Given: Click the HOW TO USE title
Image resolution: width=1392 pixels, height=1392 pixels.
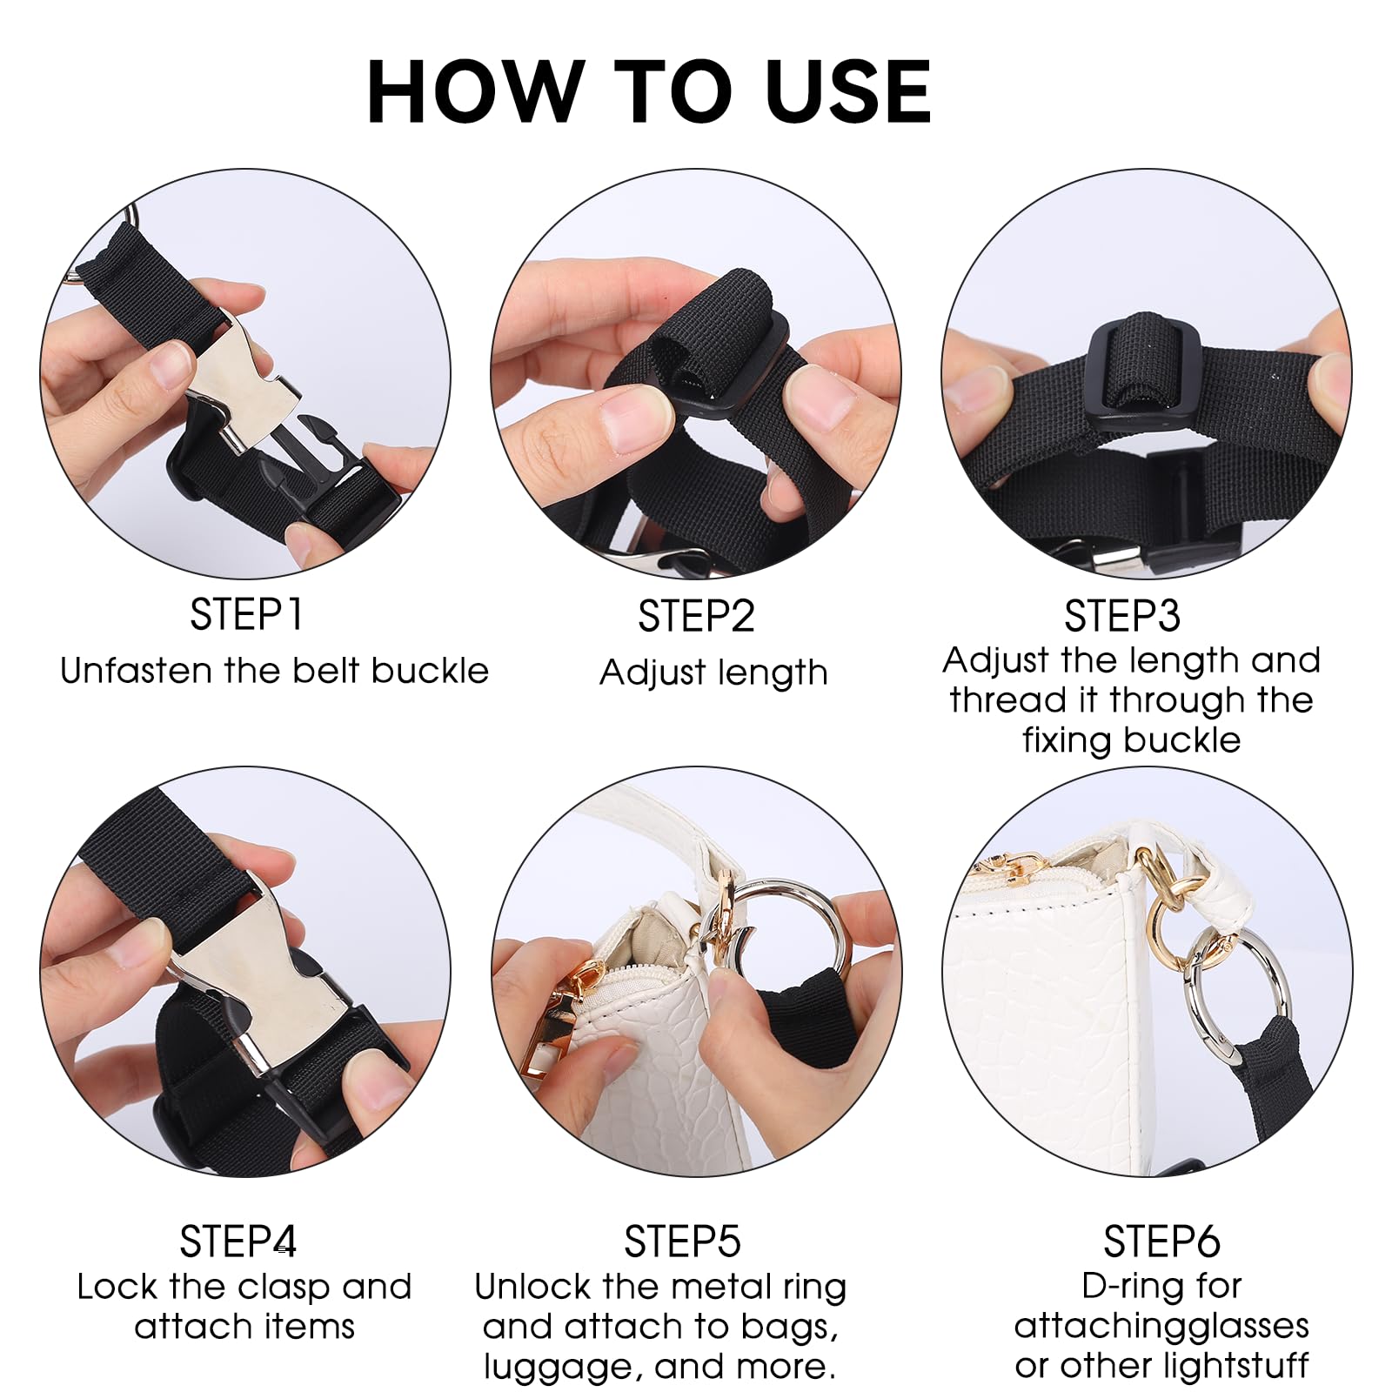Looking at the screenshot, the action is tap(649, 91).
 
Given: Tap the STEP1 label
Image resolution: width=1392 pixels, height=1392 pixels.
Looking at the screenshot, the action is tap(246, 615).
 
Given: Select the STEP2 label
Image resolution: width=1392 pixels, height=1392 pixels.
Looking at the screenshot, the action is tap(696, 617).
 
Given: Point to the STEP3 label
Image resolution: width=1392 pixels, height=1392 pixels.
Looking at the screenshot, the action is tap(1122, 617).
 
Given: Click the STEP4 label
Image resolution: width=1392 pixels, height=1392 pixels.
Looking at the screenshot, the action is tap(238, 1241).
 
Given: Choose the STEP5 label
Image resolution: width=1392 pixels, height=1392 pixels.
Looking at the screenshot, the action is tap(682, 1241).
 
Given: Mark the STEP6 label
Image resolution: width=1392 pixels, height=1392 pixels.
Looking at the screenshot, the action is tap(1161, 1241).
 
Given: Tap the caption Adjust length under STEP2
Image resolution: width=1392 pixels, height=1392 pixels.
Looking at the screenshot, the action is tap(713, 673).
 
